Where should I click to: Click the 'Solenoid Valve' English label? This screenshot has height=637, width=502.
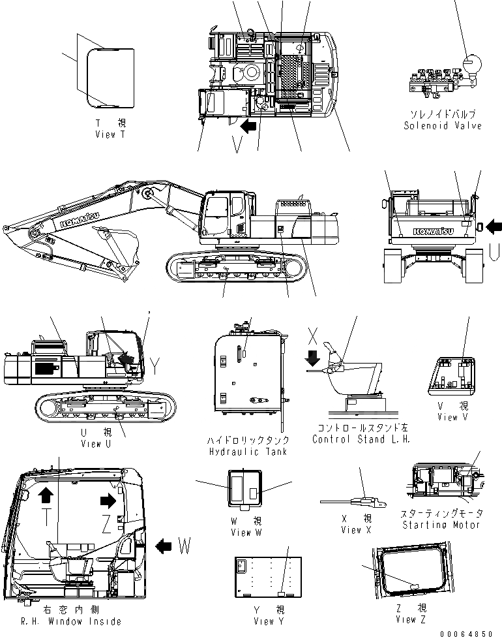tap(442, 125)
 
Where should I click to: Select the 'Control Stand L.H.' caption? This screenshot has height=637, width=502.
tap(361, 439)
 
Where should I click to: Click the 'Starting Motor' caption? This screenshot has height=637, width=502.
tap(442, 525)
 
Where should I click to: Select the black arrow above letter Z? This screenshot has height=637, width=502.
tap(106, 500)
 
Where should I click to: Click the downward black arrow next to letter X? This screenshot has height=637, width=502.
tap(312, 358)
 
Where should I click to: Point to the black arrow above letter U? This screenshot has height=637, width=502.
tap(494, 226)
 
